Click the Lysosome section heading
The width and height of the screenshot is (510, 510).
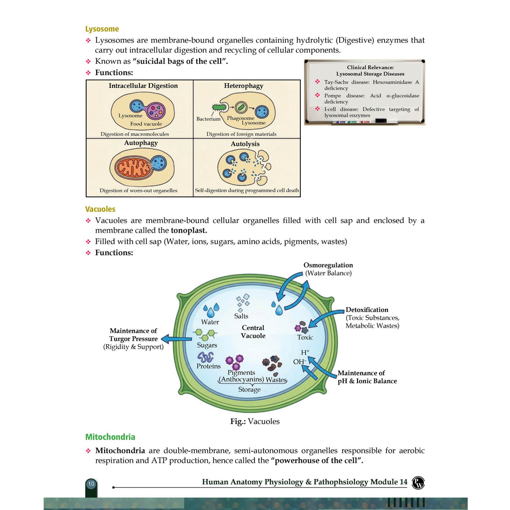[102, 29]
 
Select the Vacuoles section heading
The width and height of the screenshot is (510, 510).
[100, 209]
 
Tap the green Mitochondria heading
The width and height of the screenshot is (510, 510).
[110, 437]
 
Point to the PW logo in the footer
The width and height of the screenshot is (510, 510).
[418, 482]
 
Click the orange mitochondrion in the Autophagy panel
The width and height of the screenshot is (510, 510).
[133, 167]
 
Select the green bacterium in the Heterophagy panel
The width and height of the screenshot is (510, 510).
[219, 107]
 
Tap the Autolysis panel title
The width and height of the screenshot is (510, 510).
[245, 144]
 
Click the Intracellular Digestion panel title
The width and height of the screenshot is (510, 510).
[143, 86]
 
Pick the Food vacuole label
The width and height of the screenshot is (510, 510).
[146, 124]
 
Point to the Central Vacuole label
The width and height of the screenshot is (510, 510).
[253, 331]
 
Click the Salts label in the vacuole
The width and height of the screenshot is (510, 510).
[241, 316]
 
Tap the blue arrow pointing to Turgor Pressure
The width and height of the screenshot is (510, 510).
[177, 339]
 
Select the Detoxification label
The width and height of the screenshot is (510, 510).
[367, 310]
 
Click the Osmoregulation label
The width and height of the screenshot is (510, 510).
[328, 265]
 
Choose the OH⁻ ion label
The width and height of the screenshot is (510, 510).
[299, 362]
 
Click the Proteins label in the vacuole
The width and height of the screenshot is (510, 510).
[209, 366]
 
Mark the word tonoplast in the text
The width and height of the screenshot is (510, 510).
[189, 230]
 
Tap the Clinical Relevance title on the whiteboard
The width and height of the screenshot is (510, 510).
[370, 67]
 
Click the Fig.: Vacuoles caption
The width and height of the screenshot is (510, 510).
[255, 421]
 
